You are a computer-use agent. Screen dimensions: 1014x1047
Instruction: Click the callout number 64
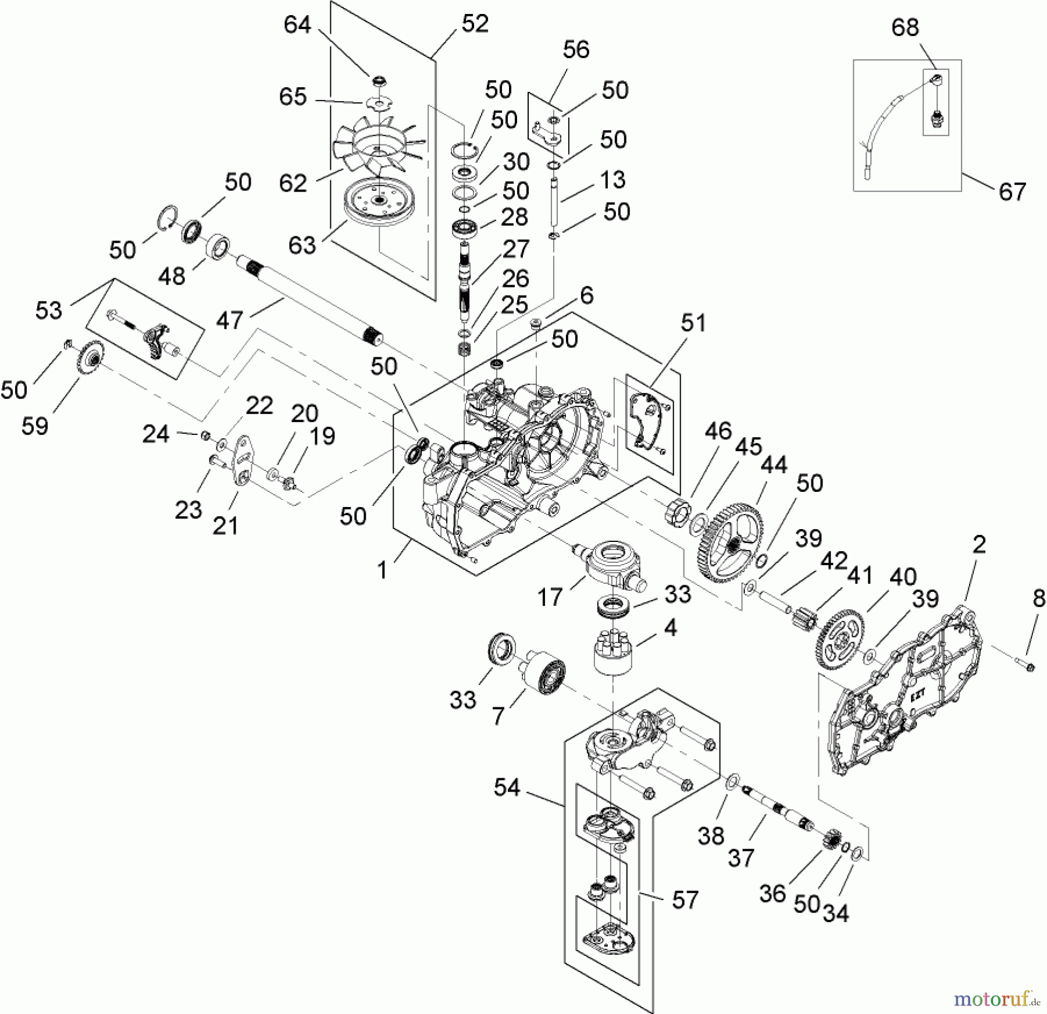(x=297, y=25)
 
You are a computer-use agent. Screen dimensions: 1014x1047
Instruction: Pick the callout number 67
(x=1012, y=192)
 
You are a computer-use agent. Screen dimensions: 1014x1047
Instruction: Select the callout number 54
(x=507, y=788)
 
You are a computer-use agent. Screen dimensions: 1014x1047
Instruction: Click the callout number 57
(x=685, y=900)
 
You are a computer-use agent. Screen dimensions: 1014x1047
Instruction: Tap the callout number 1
(x=382, y=570)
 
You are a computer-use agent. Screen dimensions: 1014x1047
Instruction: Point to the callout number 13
(x=612, y=180)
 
